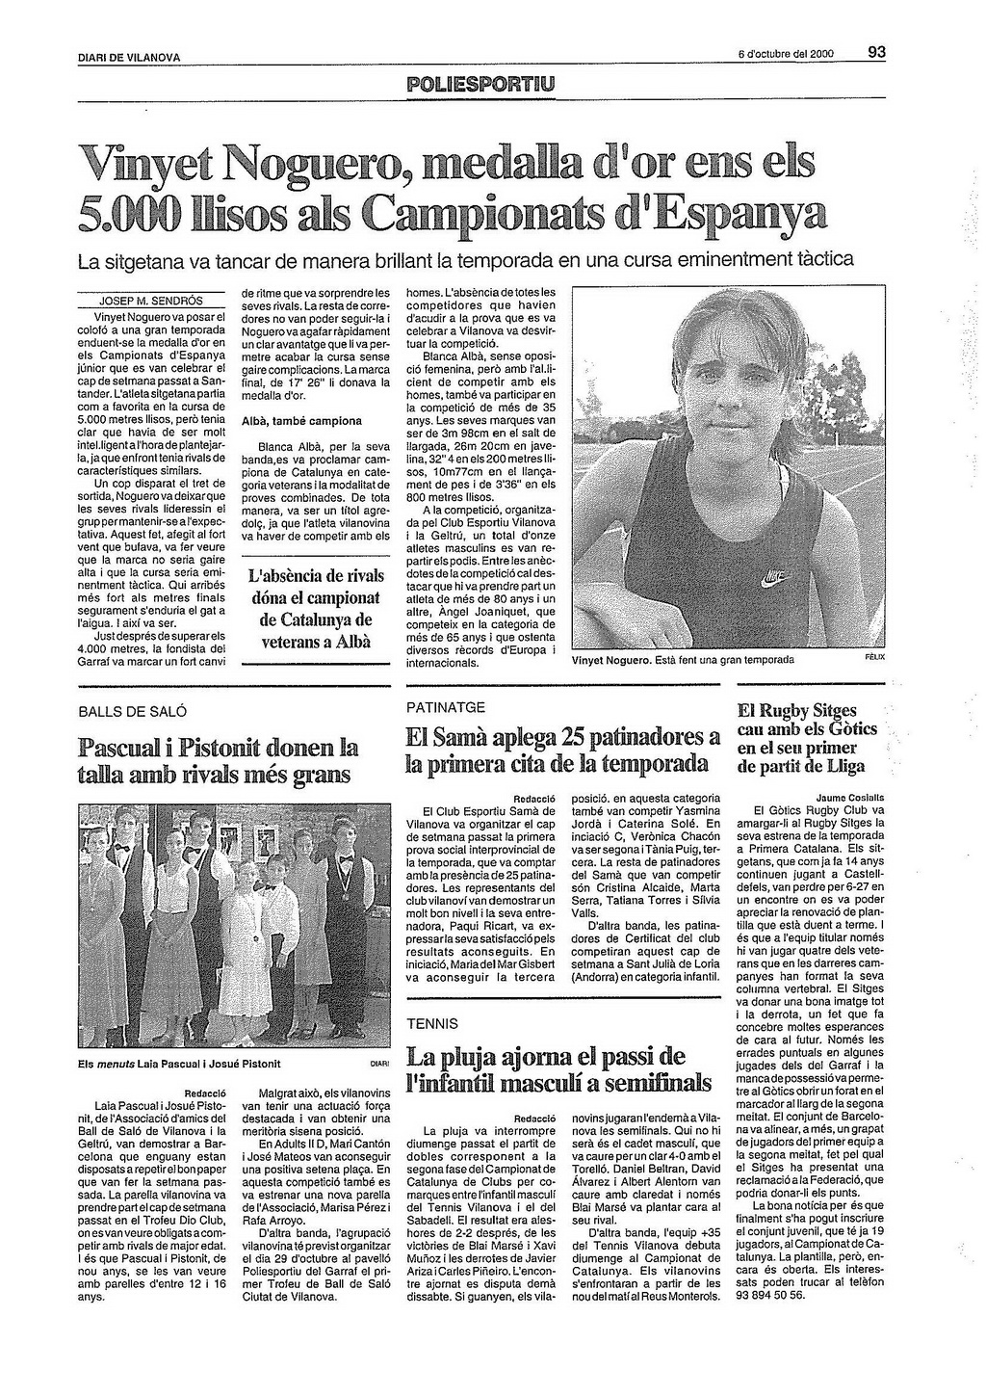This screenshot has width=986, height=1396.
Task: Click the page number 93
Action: point(876,53)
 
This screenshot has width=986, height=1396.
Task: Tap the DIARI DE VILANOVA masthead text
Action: point(129,58)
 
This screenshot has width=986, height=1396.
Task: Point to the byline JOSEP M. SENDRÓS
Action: point(151,301)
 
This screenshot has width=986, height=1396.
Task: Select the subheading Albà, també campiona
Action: point(301,421)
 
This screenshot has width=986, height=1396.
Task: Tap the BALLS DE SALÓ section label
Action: point(132,712)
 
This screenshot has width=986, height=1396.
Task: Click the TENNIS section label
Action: point(432,1023)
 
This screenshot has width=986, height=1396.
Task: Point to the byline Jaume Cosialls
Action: point(850,798)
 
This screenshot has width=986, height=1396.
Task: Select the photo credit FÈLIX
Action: point(874,658)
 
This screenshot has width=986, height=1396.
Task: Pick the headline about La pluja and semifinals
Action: point(558,1068)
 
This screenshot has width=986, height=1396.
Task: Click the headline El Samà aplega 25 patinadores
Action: point(563,751)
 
